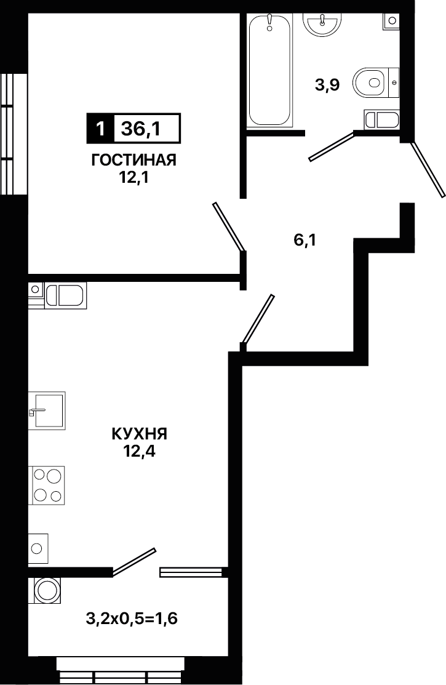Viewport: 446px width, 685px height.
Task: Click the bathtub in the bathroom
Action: (269, 70)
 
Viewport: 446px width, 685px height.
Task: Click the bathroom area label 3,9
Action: (327, 84)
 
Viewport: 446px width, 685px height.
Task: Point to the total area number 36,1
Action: (141, 129)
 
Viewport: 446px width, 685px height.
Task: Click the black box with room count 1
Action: (100, 129)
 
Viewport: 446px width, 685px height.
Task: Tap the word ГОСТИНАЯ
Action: (133, 161)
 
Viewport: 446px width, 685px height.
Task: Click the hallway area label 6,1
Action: (305, 240)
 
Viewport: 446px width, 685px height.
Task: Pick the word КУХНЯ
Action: (140, 435)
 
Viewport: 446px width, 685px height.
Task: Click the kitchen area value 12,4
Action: (140, 452)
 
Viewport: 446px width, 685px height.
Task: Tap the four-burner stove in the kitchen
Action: (47, 486)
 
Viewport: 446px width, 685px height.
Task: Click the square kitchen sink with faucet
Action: (47, 410)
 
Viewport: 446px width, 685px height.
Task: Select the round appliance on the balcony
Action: (46, 591)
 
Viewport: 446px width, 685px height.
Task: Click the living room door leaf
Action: (228, 226)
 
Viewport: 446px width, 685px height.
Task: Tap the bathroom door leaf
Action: (332, 146)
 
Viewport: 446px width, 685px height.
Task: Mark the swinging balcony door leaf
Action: (134, 561)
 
